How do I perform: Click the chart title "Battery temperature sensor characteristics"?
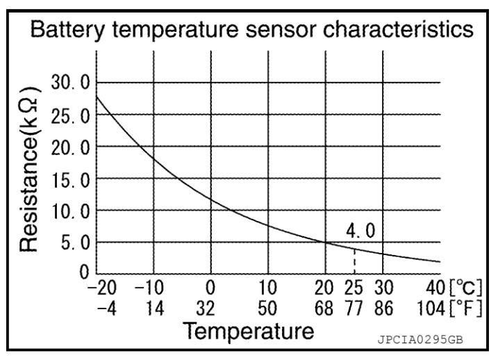pos(249,31)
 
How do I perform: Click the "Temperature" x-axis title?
pos(249,332)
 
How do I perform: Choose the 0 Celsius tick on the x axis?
pos(211,288)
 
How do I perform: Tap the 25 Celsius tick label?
pos(354,288)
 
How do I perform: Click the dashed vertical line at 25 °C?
pos(354,261)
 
